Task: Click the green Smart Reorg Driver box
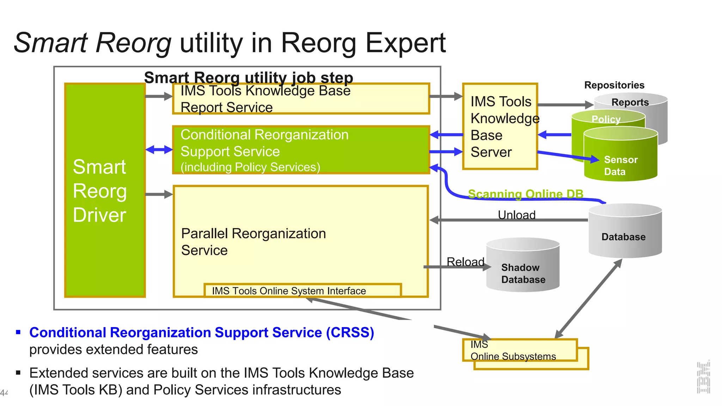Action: [105, 190]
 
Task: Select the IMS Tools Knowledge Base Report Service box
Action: [301, 99]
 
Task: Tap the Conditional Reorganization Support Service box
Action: [301, 150]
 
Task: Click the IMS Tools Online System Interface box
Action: [302, 291]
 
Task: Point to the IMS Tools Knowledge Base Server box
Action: [500, 127]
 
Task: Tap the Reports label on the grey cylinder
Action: [630, 102]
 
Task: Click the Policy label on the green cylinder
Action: [606, 119]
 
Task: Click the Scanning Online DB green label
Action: [525, 194]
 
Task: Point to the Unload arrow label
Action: [516, 215]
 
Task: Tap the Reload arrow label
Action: [465, 262]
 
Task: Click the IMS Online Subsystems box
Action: [520, 350]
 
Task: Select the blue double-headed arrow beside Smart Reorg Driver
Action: [159, 150]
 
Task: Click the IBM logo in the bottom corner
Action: [703, 377]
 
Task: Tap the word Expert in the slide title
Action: [405, 43]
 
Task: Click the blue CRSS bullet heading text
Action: [202, 332]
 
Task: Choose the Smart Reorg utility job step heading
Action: [249, 78]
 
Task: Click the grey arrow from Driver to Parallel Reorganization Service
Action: [159, 194]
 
